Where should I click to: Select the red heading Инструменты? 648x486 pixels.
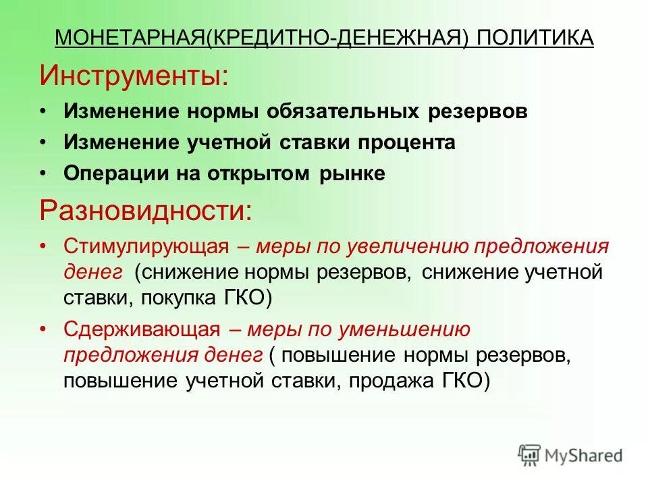pos(134,75)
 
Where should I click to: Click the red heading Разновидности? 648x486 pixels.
pos(146,211)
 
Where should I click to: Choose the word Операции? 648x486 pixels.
pos(109,174)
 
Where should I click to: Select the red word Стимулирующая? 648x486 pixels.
pos(146,246)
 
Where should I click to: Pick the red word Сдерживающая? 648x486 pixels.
pos(142,329)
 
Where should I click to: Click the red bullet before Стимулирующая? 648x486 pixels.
pos(43,246)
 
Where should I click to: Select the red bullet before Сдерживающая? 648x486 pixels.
pos(43,329)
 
